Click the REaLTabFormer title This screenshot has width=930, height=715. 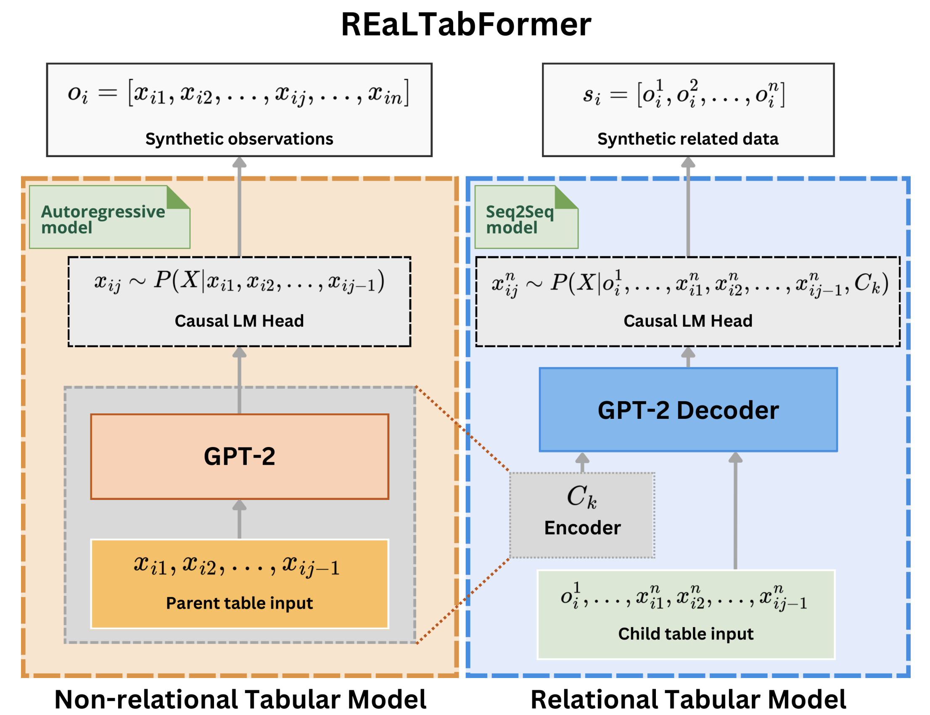point(466,25)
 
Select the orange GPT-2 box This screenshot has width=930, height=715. point(240,456)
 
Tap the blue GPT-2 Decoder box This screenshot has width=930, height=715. point(688,410)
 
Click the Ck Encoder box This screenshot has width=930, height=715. point(582,515)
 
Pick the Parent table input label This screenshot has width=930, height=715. point(239,603)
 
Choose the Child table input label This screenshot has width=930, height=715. point(686,634)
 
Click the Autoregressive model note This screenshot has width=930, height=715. point(103,219)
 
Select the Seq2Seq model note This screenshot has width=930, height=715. point(520,219)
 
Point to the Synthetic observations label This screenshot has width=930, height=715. point(239,139)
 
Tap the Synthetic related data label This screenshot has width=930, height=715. point(688,139)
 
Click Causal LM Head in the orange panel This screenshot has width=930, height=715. point(239,321)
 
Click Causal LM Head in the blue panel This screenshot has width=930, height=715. point(688,321)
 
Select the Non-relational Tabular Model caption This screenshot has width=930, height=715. point(240,699)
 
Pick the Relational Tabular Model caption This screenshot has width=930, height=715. point(688,699)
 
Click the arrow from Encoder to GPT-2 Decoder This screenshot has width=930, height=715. point(582,463)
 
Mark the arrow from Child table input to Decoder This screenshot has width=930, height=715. point(735,511)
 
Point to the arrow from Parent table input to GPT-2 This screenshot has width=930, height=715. point(239,519)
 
